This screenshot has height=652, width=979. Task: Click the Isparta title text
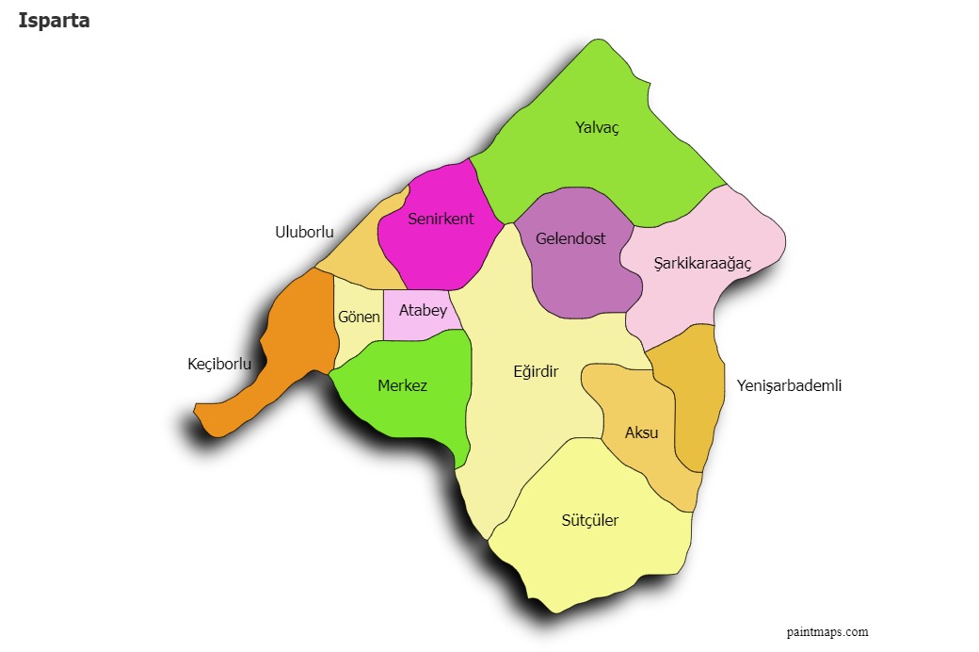(54, 21)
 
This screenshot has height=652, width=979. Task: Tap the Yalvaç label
(597, 127)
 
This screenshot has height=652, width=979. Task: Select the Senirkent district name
(441, 220)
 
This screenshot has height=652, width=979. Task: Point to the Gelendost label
(570, 238)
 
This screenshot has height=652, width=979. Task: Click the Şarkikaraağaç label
(702, 263)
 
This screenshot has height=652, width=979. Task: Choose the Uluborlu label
(304, 232)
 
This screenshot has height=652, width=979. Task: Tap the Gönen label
(359, 317)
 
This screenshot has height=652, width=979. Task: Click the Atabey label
(423, 310)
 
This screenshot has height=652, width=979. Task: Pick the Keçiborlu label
(219, 364)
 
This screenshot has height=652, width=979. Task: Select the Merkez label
(402, 385)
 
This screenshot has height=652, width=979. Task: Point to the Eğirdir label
(536, 371)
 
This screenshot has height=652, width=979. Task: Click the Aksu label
(642, 432)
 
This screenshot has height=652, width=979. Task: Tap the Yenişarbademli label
(789, 385)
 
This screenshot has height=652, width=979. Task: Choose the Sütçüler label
(590, 520)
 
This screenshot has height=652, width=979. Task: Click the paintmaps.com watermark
(827, 632)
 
